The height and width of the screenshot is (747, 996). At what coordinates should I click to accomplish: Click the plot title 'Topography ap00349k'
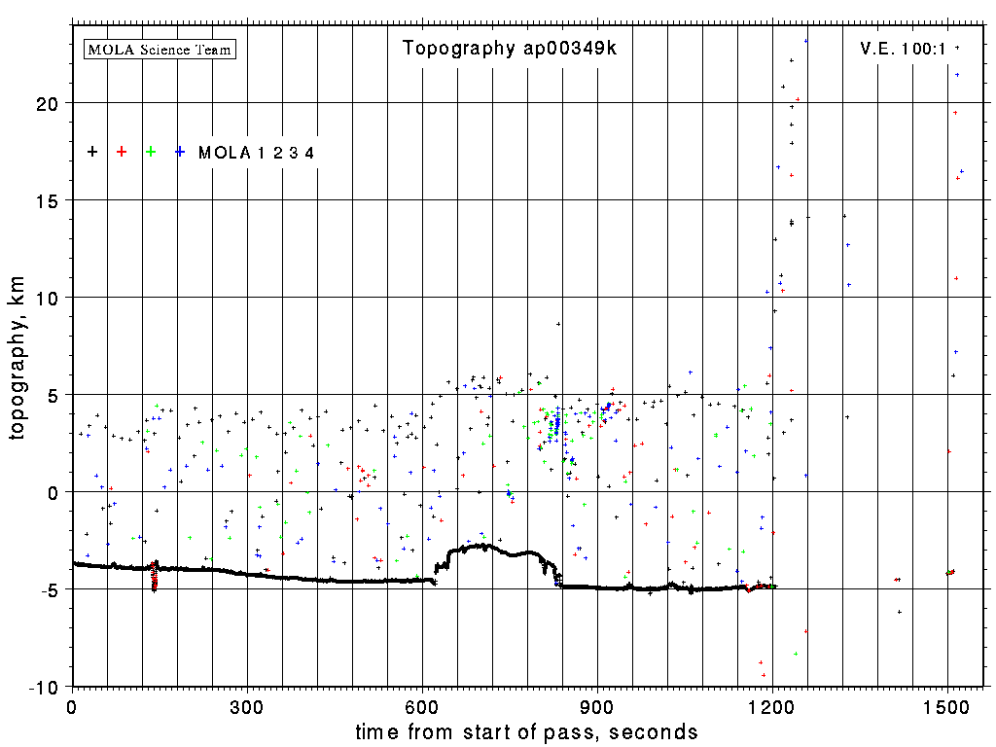pos(510,49)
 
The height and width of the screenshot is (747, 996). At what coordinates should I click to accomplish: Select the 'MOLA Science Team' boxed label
pos(160,49)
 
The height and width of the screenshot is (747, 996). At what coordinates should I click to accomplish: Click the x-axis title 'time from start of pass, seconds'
pos(526,731)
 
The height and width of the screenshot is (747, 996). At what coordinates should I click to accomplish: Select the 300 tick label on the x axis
pos(247,705)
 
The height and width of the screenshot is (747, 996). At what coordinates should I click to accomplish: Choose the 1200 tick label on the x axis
pos(772,705)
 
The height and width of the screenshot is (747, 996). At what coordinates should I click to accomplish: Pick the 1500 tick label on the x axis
pos(947,705)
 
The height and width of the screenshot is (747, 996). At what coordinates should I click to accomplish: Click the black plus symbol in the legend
pos(92,152)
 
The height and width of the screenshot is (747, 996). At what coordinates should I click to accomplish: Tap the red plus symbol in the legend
pos(122,152)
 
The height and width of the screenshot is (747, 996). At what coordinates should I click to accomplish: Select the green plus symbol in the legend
pos(151,152)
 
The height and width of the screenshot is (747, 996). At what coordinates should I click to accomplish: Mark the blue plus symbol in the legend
pos(180,152)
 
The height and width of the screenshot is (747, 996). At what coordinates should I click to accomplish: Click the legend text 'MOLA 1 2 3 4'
pos(256,153)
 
